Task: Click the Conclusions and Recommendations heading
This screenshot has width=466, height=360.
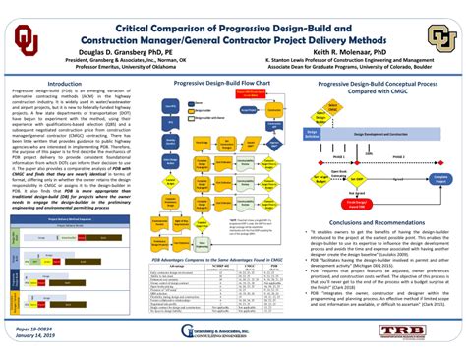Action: click(376, 194)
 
